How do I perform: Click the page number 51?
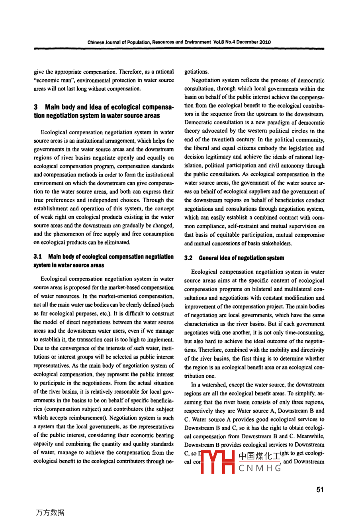320,490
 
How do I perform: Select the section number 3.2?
188,258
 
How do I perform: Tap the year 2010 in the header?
265,42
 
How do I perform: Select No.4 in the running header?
233,42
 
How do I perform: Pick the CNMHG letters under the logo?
260,469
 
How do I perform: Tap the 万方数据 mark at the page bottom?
50,513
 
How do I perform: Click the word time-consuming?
305,332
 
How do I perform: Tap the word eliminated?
116,242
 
